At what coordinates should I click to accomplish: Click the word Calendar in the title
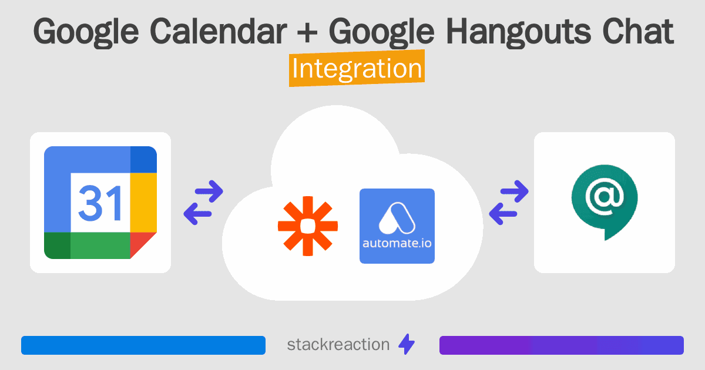(x=218, y=32)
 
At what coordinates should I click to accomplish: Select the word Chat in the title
(x=638, y=32)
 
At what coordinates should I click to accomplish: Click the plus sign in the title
(x=307, y=33)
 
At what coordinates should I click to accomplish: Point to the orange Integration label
(x=357, y=68)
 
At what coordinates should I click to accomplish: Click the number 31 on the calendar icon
(x=100, y=203)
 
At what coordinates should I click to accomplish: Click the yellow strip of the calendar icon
(x=143, y=203)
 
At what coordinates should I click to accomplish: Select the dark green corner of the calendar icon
(x=58, y=245)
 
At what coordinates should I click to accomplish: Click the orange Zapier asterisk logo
(x=308, y=226)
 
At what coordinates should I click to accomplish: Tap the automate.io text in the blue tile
(x=397, y=243)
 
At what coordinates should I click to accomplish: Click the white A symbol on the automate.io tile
(x=397, y=218)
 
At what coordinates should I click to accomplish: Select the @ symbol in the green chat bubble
(x=605, y=197)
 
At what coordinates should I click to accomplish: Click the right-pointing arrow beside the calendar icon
(x=209, y=191)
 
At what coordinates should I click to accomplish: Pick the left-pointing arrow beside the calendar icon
(x=197, y=214)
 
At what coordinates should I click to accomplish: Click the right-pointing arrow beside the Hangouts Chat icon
(x=514, y=191)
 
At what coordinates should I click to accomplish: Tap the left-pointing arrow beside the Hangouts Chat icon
(x=503, y=214)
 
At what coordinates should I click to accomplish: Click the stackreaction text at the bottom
(x=338, y=345)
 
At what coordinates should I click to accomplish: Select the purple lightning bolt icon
(x=407, y=344)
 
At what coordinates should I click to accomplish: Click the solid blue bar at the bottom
(x=143, y=345)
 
